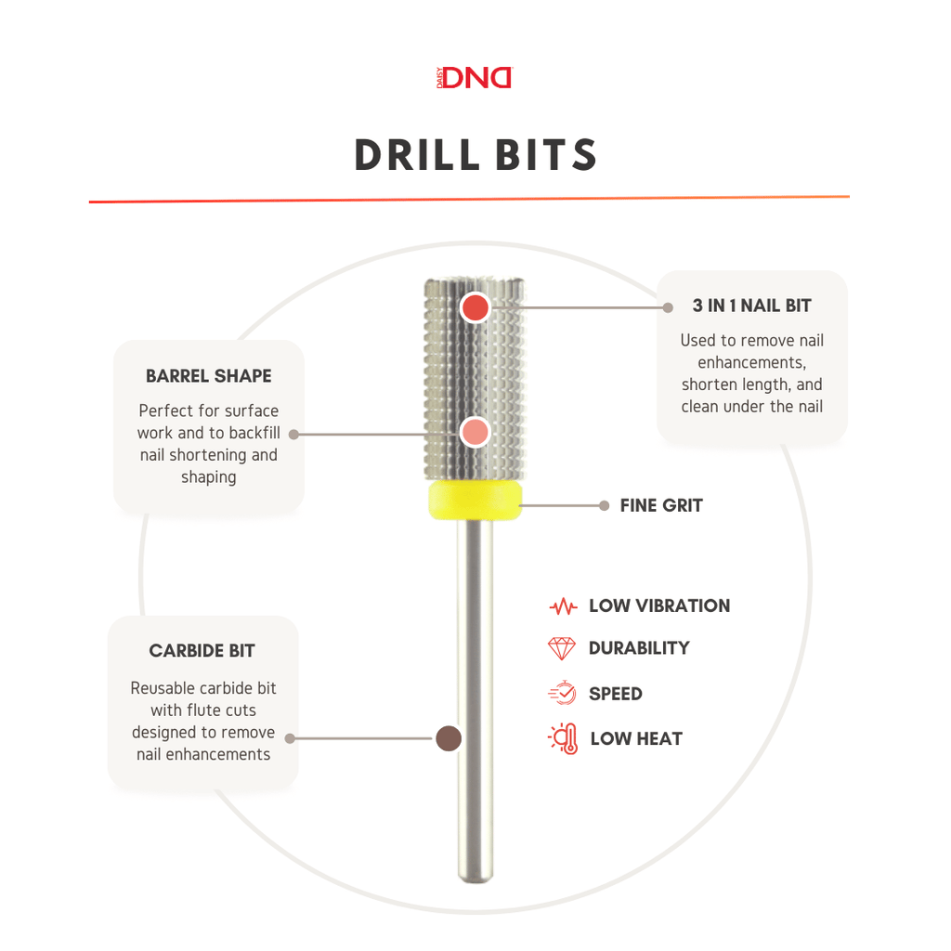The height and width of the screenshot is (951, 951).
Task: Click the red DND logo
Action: coord(475,78)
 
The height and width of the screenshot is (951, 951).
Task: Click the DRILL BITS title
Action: coord(476,155)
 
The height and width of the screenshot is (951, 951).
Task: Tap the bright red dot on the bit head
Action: coord(475,308)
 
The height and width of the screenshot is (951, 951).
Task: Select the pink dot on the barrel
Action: coord(475,433)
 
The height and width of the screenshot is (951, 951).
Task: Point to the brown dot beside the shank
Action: coord(449,738)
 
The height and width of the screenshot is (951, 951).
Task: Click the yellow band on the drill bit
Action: coord(475,501)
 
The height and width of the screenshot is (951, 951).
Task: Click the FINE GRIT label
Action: coord(661,505)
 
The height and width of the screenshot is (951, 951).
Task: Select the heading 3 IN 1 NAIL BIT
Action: coord(751,306)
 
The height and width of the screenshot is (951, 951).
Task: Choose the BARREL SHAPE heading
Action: coord(209,376)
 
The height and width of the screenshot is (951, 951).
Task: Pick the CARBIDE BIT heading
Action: coord(202,651)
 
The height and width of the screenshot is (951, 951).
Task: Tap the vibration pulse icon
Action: coord(563,606)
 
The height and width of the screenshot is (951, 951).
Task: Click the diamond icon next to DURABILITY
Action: coord(562,648)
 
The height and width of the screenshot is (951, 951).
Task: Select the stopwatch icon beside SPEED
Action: coord(562,693)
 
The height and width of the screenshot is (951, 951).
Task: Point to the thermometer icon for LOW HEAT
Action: coord(564,738)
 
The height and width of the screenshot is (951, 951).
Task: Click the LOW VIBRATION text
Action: coord(659,606)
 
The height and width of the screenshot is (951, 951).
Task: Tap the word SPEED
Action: coord(615,693)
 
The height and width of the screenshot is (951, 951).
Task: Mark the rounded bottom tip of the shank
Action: coord(475,879)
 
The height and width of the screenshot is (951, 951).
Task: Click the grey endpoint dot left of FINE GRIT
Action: coord(604,506)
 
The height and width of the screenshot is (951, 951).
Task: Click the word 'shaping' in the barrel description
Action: coord(209,477)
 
